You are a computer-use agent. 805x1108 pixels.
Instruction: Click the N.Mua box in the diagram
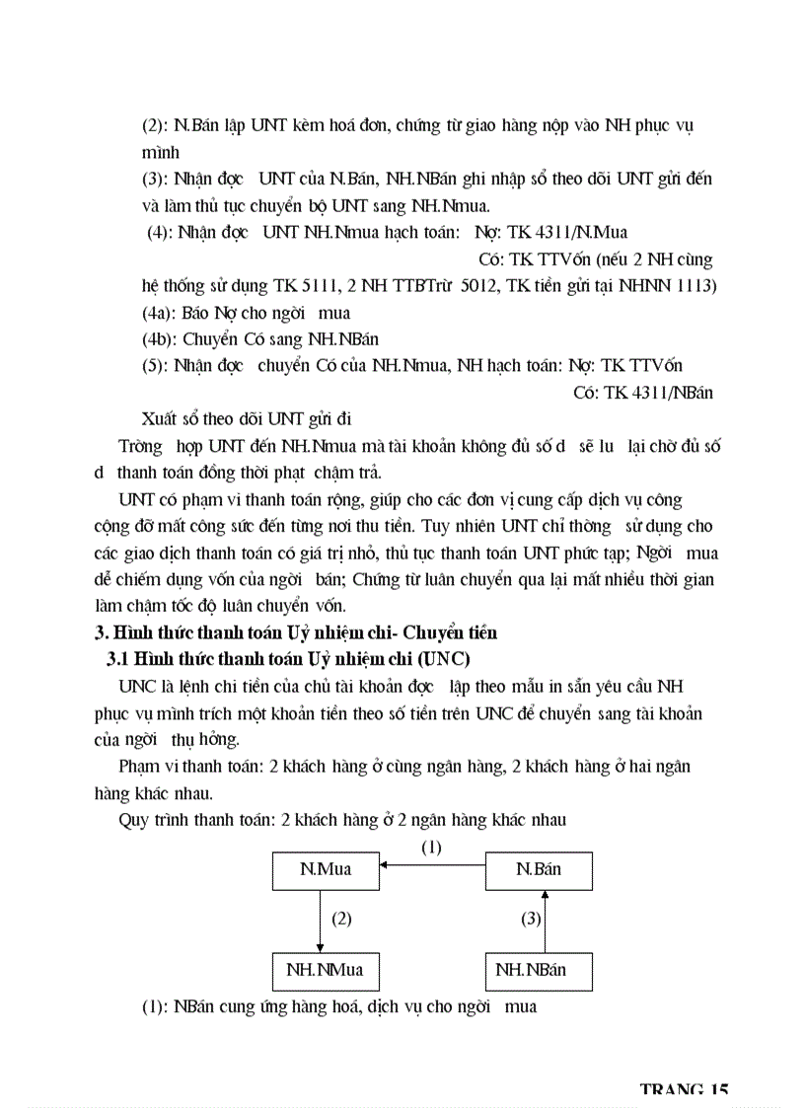click(325, 869)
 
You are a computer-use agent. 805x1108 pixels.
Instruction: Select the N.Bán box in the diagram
click(539, 869)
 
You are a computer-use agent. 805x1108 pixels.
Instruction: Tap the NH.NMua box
click(325, 970)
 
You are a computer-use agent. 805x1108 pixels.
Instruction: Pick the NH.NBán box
click(539, 970)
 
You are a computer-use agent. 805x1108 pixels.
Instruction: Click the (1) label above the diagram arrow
click(431, 847)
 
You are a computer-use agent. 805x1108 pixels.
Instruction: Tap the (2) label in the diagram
click(341, 919)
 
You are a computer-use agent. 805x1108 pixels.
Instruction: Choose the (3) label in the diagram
click(531, 919)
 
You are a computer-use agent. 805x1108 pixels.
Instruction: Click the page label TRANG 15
click(684, 1089)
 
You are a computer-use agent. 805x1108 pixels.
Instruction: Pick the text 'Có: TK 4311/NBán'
click(643, 393)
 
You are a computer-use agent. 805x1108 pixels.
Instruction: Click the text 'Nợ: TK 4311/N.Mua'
click(556, 233)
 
